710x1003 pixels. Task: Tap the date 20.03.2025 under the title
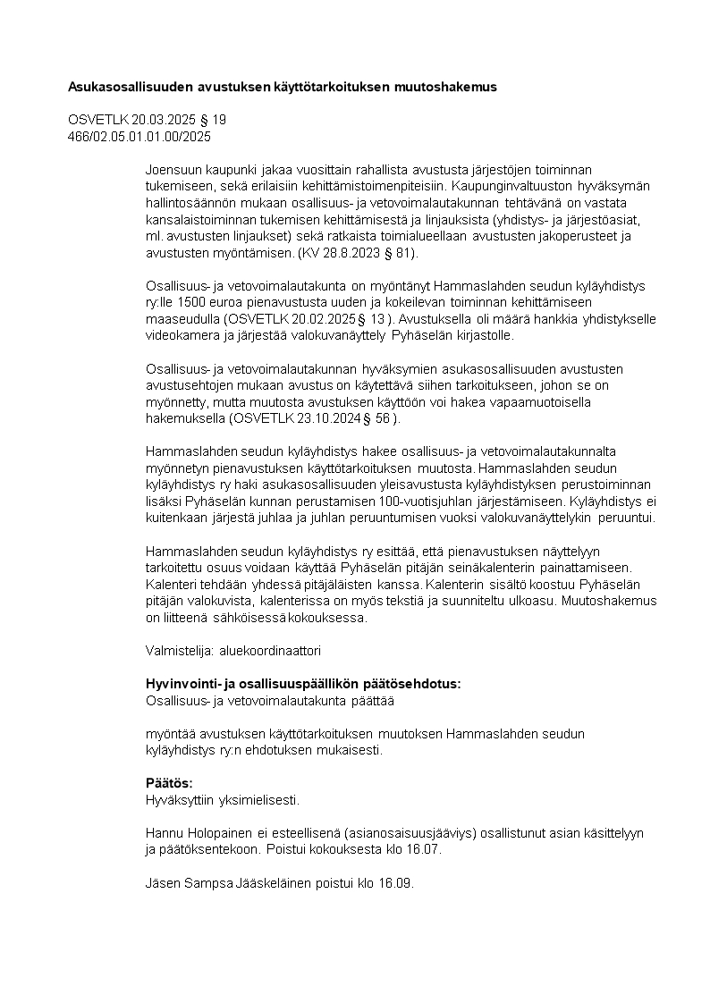161,120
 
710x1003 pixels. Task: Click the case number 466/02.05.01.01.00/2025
139,136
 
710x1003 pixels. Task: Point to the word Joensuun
172,169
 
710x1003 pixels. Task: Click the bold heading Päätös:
169,784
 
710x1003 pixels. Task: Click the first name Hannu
164,833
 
